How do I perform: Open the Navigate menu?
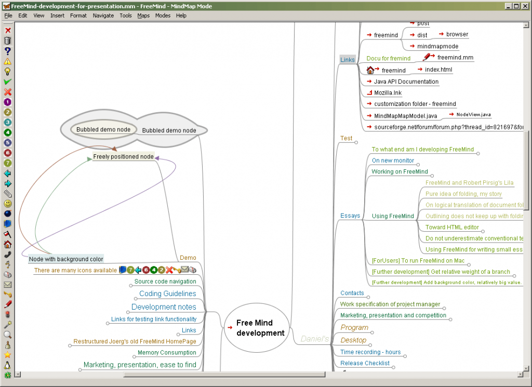click(x=103, y=16)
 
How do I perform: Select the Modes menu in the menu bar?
click(x=163, y=16)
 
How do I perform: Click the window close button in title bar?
click(x=525, y=6)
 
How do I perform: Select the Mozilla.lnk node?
click(x=388, y=93)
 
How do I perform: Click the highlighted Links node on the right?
click(x=347, y=60)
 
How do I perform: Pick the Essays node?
click(x=350, y=216)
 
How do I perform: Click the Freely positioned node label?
click(x=123, y=156)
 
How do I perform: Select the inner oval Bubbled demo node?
click(x=103, y=130)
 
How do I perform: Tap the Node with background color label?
click(x=66, y=259)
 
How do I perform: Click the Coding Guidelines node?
click(x=167, y=293)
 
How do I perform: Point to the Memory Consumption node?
click(x=167, y=353)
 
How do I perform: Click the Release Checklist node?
click(x=365, y=363)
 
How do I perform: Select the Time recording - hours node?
click(x=370, y=352)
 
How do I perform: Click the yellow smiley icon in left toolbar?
click(x=8, y=204)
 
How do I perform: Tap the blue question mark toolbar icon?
click(x=8, y=51)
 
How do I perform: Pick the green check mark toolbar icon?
click(x=8, y=82)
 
